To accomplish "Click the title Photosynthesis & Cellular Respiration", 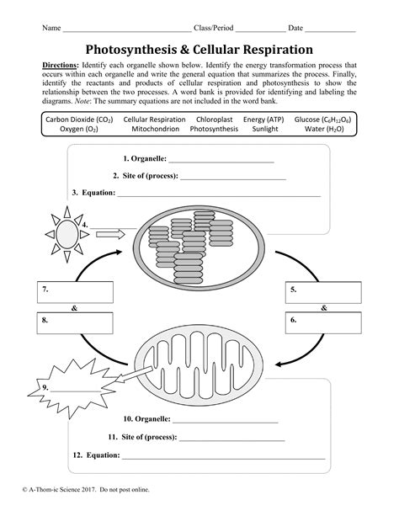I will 199,50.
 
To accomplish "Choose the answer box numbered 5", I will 323,292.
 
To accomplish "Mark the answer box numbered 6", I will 323,322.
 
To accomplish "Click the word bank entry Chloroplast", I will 214,120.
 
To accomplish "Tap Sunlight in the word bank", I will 263,130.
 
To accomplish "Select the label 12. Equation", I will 95,455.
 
